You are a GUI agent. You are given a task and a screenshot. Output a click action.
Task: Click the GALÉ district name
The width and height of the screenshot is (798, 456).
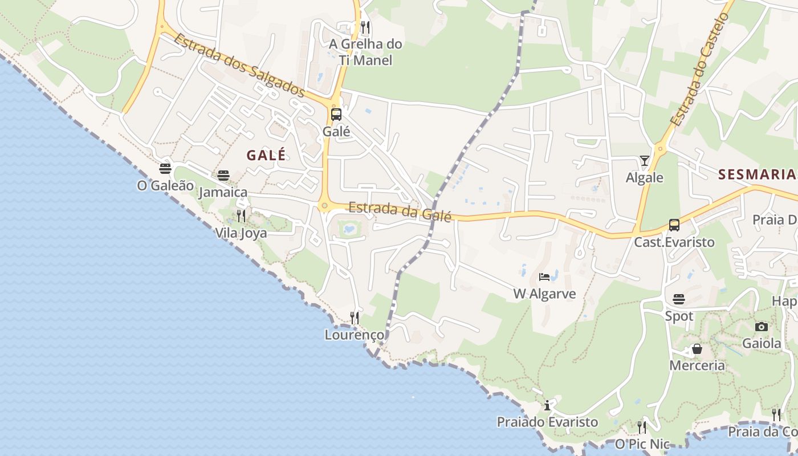(x=266, y=155)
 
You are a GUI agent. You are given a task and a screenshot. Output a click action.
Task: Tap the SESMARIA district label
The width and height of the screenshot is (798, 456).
(x=757, y=174)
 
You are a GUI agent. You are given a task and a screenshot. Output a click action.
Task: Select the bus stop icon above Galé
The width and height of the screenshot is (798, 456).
(x=336, y=114)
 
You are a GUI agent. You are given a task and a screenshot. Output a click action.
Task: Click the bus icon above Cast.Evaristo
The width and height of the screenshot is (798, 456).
(x=674, y=225)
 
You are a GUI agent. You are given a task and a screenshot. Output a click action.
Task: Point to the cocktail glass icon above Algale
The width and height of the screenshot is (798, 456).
(x=645, y=161)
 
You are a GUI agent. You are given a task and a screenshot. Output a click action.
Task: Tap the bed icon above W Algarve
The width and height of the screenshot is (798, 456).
(x=544, y=277)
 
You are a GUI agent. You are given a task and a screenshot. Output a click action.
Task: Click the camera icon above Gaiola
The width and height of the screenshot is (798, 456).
(x=762, y=327)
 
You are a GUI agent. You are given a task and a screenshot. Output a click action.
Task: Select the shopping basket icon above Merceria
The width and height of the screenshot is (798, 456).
(x=697, y=349)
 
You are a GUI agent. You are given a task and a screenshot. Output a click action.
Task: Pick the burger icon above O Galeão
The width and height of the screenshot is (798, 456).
(x=165, y=169)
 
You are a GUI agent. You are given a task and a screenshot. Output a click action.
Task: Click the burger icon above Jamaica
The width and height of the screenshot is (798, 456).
(x=223, y=175)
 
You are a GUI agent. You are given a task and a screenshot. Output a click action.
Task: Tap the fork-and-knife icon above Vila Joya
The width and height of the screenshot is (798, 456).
(x=241, y=215)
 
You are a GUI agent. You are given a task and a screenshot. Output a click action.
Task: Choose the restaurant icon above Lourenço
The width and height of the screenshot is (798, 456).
(x=355, y=317)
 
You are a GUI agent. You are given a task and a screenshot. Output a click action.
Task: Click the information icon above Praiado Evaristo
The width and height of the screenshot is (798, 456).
(x=547, y=405)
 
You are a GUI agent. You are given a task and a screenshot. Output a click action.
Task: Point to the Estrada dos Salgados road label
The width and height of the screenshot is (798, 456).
(x=239, y=65)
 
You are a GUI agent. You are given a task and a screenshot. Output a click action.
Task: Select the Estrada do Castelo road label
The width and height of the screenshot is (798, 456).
(x=699, y=70)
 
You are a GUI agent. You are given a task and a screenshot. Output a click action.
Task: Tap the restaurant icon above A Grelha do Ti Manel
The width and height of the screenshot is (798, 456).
(x=365, y=27)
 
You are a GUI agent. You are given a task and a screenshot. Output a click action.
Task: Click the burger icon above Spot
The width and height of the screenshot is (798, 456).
(x=679, y=299)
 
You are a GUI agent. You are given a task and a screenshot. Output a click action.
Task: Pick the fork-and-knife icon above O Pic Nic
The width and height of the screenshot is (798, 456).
(x=642, y=427)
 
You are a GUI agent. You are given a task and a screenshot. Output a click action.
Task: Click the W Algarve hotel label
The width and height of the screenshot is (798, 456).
(x=545, y=294)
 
